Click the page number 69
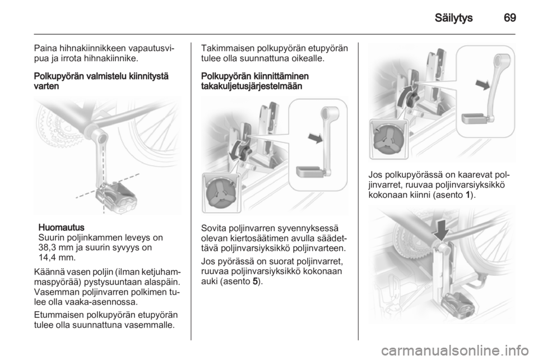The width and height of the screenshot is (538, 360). pyautogui.click(x=509, y=18)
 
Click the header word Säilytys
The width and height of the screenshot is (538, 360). pyautogui.click(x=453, y=18)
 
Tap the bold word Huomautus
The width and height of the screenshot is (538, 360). pyautogui.click(x=62, y=228)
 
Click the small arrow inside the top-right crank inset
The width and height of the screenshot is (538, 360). pyautogui.click(x=483, y=84)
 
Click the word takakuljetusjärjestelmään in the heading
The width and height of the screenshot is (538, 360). pyautogui.click(x=252, y=86)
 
